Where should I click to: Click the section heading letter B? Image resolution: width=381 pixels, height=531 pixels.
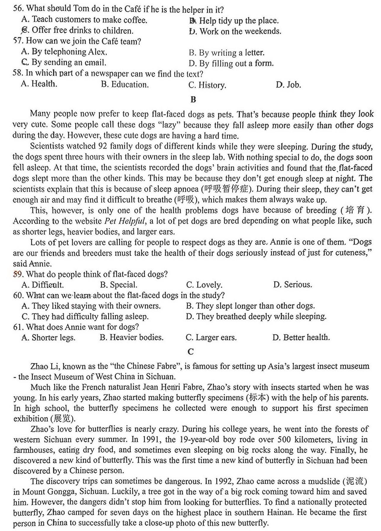click(193, 100)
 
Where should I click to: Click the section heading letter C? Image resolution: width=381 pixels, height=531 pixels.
click(190, 352)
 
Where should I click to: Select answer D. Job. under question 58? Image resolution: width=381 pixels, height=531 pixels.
click(288, 85)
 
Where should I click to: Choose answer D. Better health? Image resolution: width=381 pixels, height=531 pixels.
click(301, 337)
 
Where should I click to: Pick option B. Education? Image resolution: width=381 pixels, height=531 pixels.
click(125, 85)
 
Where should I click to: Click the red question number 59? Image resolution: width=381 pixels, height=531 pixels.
click(17, 274)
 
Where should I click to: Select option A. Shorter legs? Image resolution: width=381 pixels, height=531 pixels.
click(49, 338)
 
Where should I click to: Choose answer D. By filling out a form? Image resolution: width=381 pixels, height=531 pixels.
click(231, 63)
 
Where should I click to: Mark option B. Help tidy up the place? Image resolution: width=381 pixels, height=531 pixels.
click(234, 21)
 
